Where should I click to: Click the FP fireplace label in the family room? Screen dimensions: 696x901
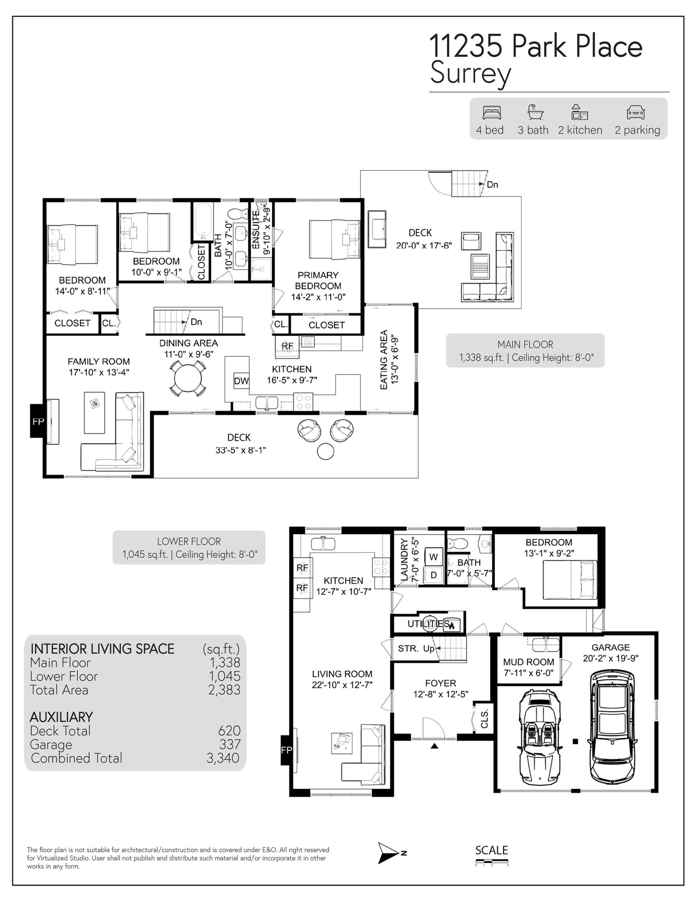[x=38, y=421]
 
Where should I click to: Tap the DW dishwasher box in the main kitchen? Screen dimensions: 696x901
[x=241, y=381]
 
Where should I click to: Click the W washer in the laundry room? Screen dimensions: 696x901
[x=434, y=557]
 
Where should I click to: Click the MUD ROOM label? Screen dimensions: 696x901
[x=529, y=662]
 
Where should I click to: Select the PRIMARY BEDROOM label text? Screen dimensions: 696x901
[x=318, y=281]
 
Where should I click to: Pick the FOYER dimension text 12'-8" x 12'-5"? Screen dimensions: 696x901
[x=441, y=694]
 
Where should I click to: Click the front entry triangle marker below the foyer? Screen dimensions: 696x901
[x=434, y=746]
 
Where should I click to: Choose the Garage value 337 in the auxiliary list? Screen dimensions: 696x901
[x=230, y=744]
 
